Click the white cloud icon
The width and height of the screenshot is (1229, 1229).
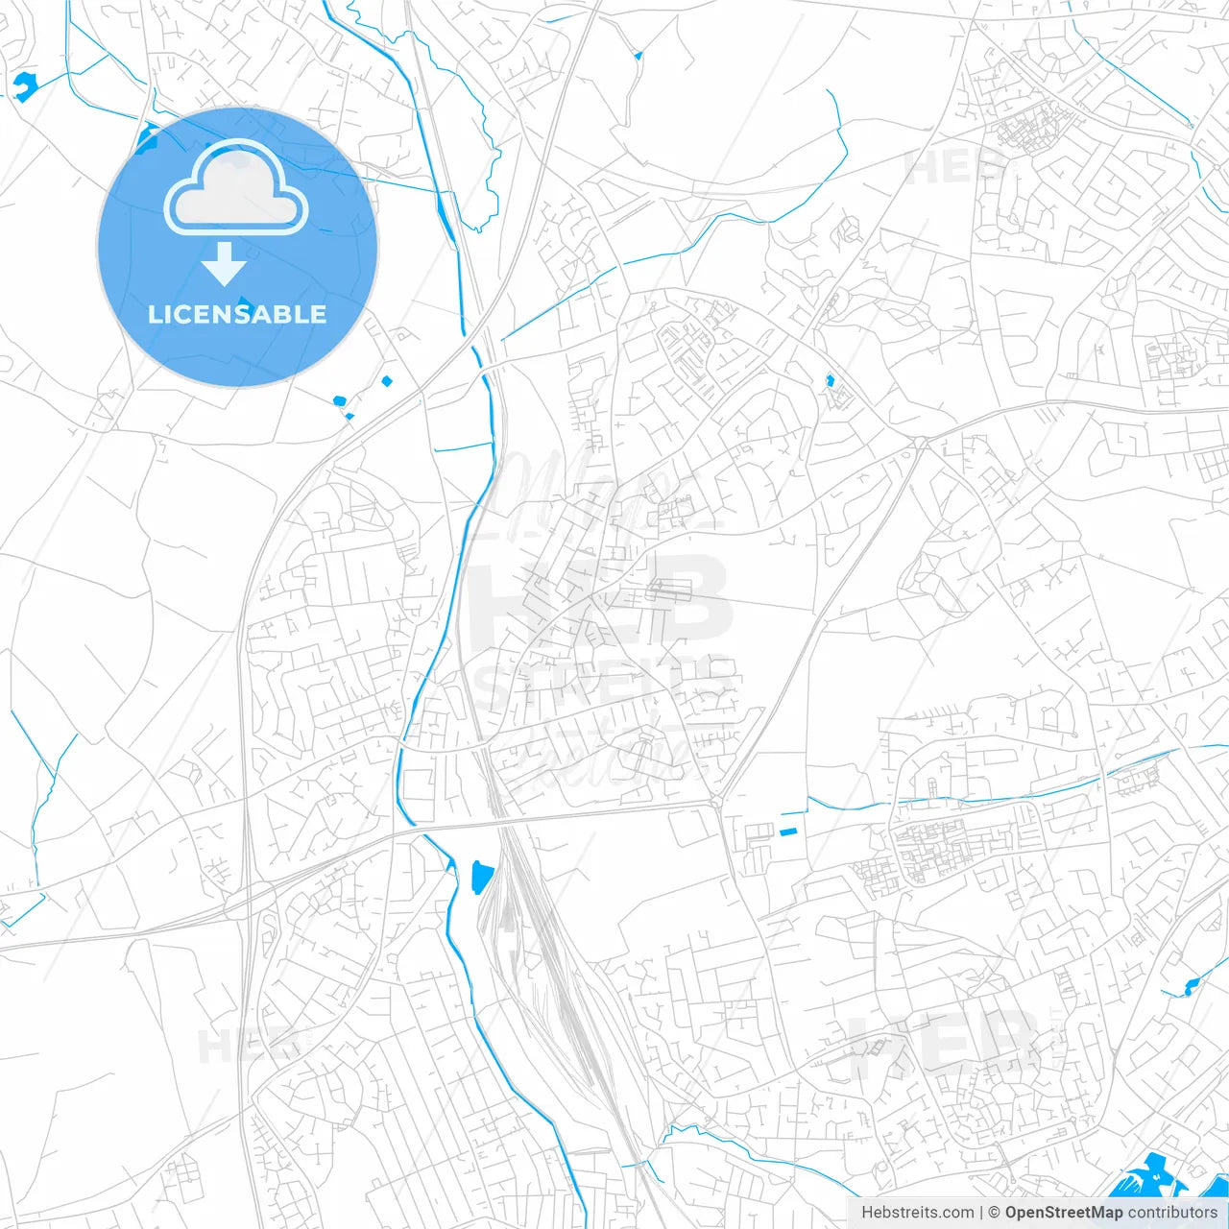coord(236,188)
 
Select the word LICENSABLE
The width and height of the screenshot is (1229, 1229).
coord(237,314)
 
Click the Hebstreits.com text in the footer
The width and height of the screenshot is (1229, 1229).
coord(917,1213)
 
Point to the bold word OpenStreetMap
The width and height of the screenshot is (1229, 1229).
coord(1064,1213)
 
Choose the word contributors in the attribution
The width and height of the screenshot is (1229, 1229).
coord(1172,1213)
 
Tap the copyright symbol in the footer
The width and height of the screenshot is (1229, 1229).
coord(994,1213)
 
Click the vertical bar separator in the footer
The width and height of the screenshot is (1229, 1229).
coord(981,1213)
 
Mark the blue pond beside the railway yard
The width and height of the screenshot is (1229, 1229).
coord(482,876)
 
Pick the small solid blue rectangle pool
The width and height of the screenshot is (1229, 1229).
coord(788,831)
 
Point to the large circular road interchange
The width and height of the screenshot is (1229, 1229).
coord(250,901)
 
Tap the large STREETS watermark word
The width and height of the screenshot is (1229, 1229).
coord(605,687)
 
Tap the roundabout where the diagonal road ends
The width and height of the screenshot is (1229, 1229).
coord(716,802)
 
